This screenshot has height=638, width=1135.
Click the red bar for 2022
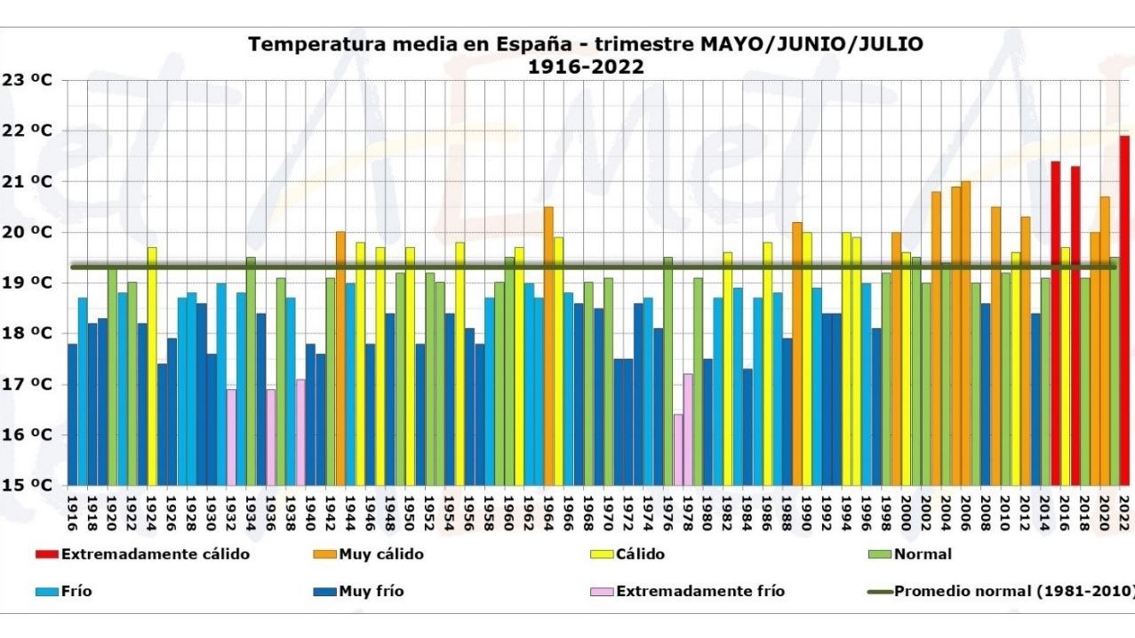pos(1124,311)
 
